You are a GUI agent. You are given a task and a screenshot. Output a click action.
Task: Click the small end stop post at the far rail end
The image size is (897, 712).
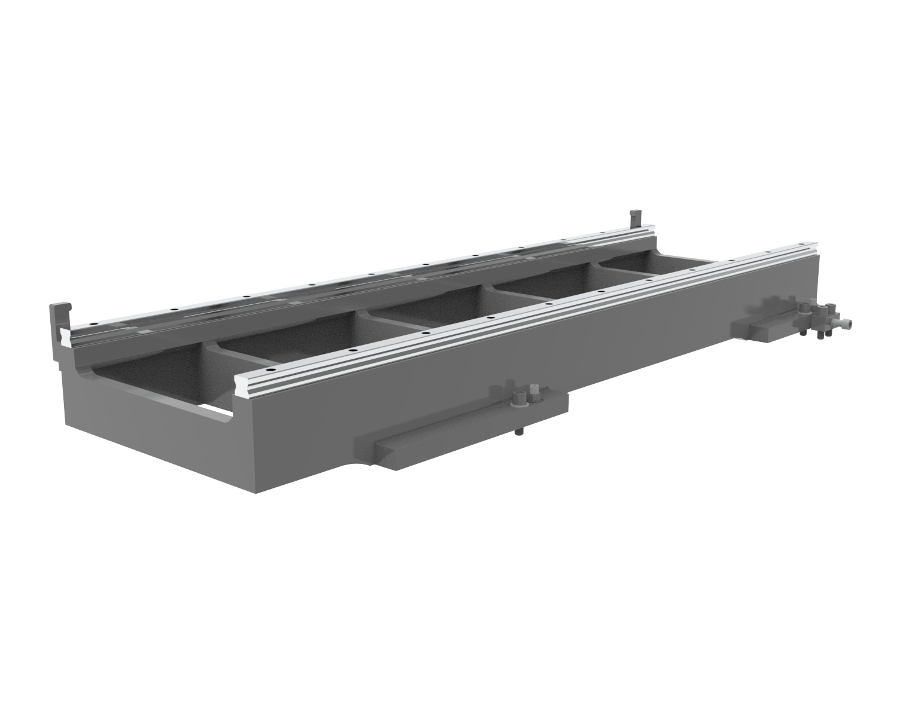click(635, 216)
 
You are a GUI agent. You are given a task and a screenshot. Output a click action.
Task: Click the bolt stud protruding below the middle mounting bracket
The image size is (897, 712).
click(518, 432)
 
